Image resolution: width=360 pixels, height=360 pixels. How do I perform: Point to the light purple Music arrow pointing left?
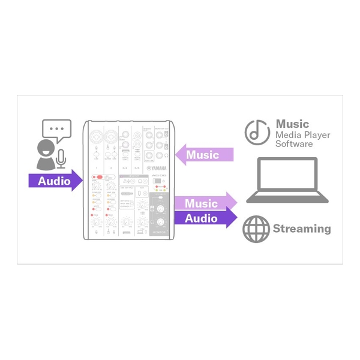pos(207,155)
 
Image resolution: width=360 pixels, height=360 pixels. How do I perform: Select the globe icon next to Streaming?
pos(254,229)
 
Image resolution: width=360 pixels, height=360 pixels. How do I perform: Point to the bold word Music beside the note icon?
pos(292,124)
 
